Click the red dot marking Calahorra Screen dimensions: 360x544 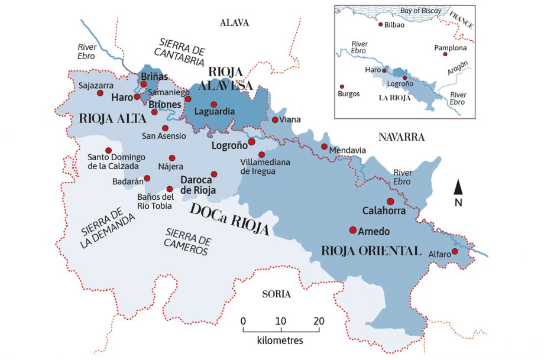[x=390, y=201]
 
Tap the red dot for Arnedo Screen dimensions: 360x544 [x=353, y=230]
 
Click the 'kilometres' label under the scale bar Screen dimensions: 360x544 [x=280, y=341]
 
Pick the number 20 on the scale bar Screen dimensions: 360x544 [x=319, y=320]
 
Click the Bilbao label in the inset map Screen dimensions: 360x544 [x=394, y=25]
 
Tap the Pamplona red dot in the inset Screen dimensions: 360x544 [x=445, y=54]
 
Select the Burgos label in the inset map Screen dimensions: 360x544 [x=348, y=94]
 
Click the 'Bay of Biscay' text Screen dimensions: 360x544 [x=420, y=11]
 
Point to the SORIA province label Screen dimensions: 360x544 [x=277, y=294]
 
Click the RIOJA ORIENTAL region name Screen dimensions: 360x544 [x=371, y=250]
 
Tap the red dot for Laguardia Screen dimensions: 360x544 [x=214, y=104]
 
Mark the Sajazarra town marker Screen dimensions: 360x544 [x=100, y=93]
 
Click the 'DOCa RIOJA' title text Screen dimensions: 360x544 [x=229, y=219]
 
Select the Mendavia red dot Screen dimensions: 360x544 [x=324, y=147]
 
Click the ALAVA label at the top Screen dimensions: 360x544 [x=234, y=23]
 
